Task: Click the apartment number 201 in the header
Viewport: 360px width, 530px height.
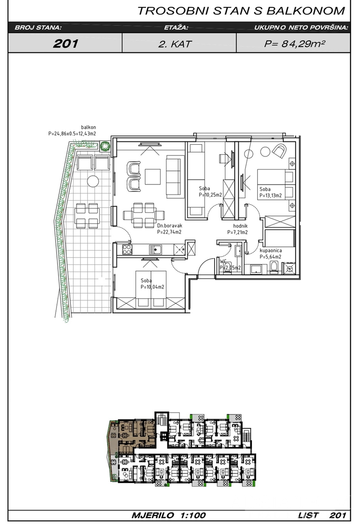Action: tap(66, 43)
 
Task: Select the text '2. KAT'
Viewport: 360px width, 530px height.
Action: tap(175, 44)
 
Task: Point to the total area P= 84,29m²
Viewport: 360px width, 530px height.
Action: tap(294, 44)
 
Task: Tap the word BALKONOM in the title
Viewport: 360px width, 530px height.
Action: tap(305, 11)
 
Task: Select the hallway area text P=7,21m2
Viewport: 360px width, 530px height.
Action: tap(237, 232)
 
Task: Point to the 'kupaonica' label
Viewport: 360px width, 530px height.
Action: tap(271, 250)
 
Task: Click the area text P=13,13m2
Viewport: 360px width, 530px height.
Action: tap(270, 195)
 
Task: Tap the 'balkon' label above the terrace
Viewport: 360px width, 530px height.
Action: tap(88, 128)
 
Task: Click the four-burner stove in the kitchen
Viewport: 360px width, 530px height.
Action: tap(127, 249)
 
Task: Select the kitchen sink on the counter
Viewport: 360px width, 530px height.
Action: tap(155, 250)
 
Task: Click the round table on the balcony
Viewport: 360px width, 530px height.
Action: tap(93, 181)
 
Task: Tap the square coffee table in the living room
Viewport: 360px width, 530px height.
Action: tap(153, 176)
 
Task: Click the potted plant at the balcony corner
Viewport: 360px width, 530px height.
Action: tap(105, 146)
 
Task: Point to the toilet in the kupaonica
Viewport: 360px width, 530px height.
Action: tap(274, 268)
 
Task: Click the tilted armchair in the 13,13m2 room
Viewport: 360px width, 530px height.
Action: tap(279, 151)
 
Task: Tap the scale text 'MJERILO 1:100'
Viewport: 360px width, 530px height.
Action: tap(168, 515)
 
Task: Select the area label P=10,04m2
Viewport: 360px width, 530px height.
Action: tap(152, 287)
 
